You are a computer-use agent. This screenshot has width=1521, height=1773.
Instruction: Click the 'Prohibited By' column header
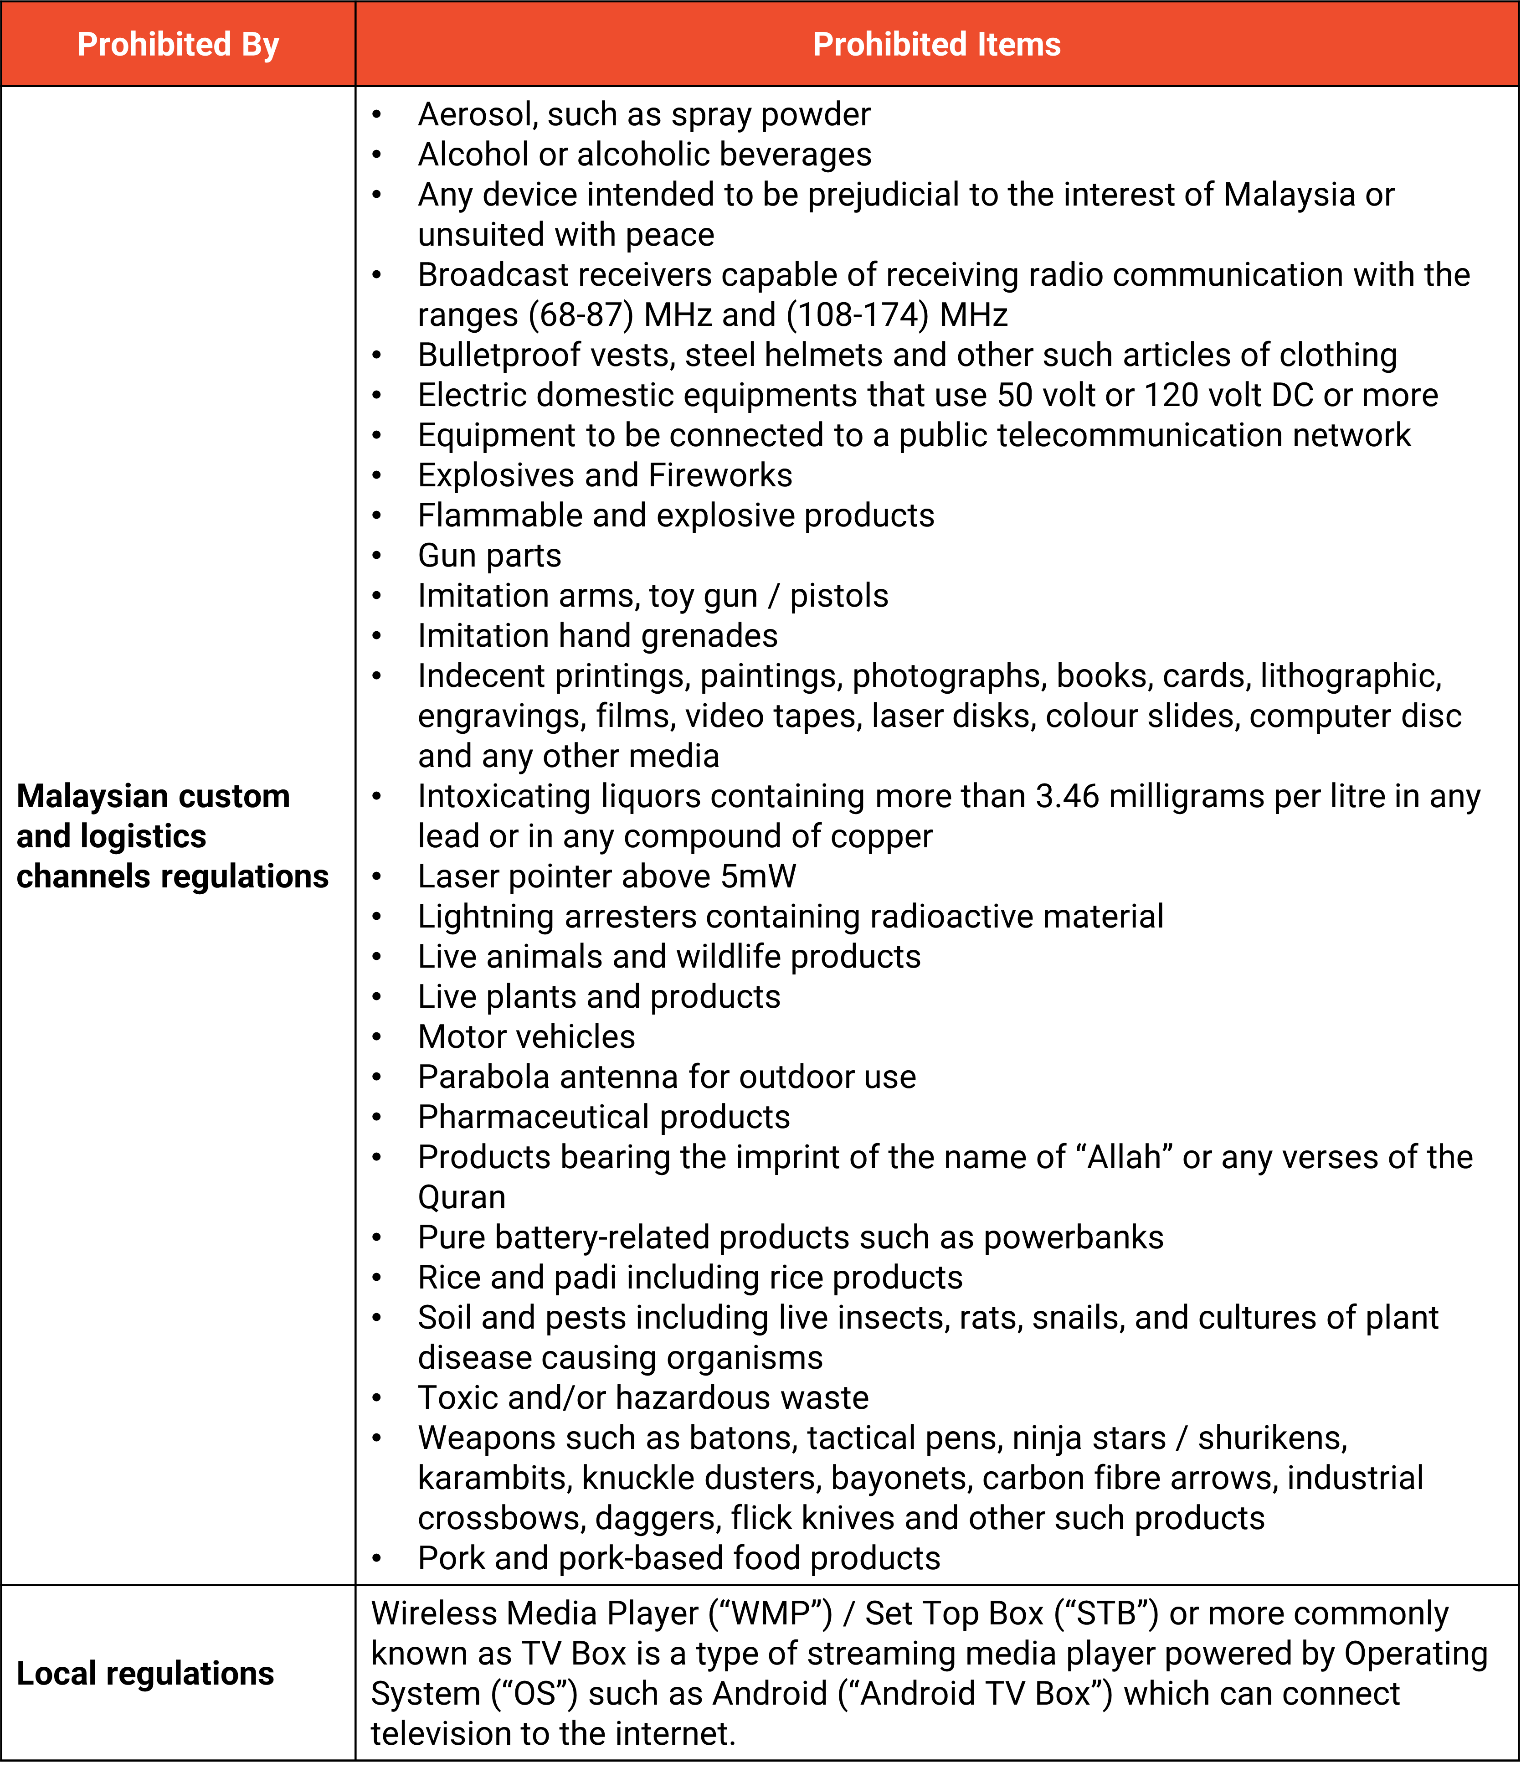(178, 45)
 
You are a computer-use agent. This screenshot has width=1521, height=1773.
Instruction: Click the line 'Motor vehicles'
(526, 1037)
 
